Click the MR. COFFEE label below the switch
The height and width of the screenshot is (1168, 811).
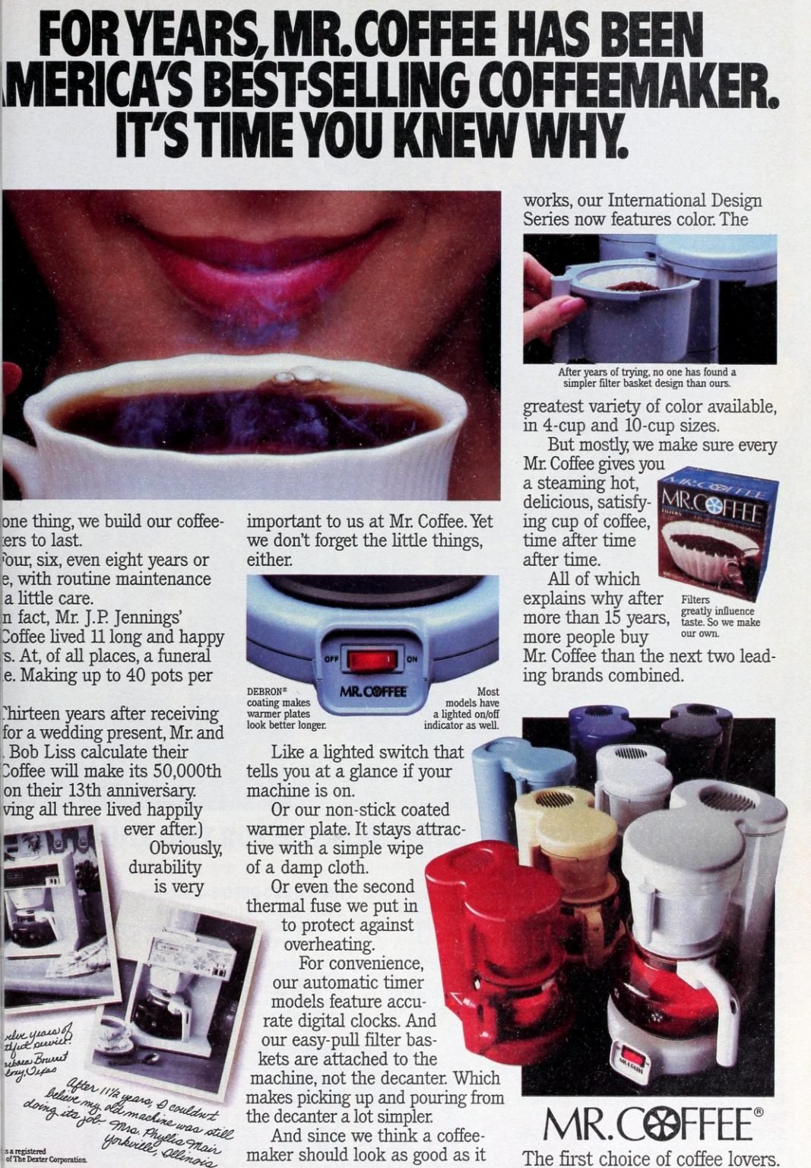point(372,692)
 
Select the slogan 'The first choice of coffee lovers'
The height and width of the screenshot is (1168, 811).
point(650,1158)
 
